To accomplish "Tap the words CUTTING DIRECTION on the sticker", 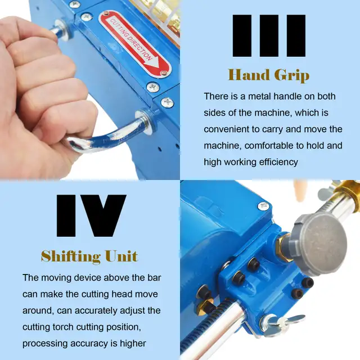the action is click(131, 39).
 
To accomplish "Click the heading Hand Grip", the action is click(269, 75).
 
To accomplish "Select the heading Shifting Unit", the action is click(89, 256).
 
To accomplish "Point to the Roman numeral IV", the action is click(91, 216).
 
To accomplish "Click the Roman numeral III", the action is click(269, 35).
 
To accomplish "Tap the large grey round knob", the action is click(321, 244).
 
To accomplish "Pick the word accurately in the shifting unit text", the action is click(96, 310).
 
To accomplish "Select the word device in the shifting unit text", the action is click(87, 278).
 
